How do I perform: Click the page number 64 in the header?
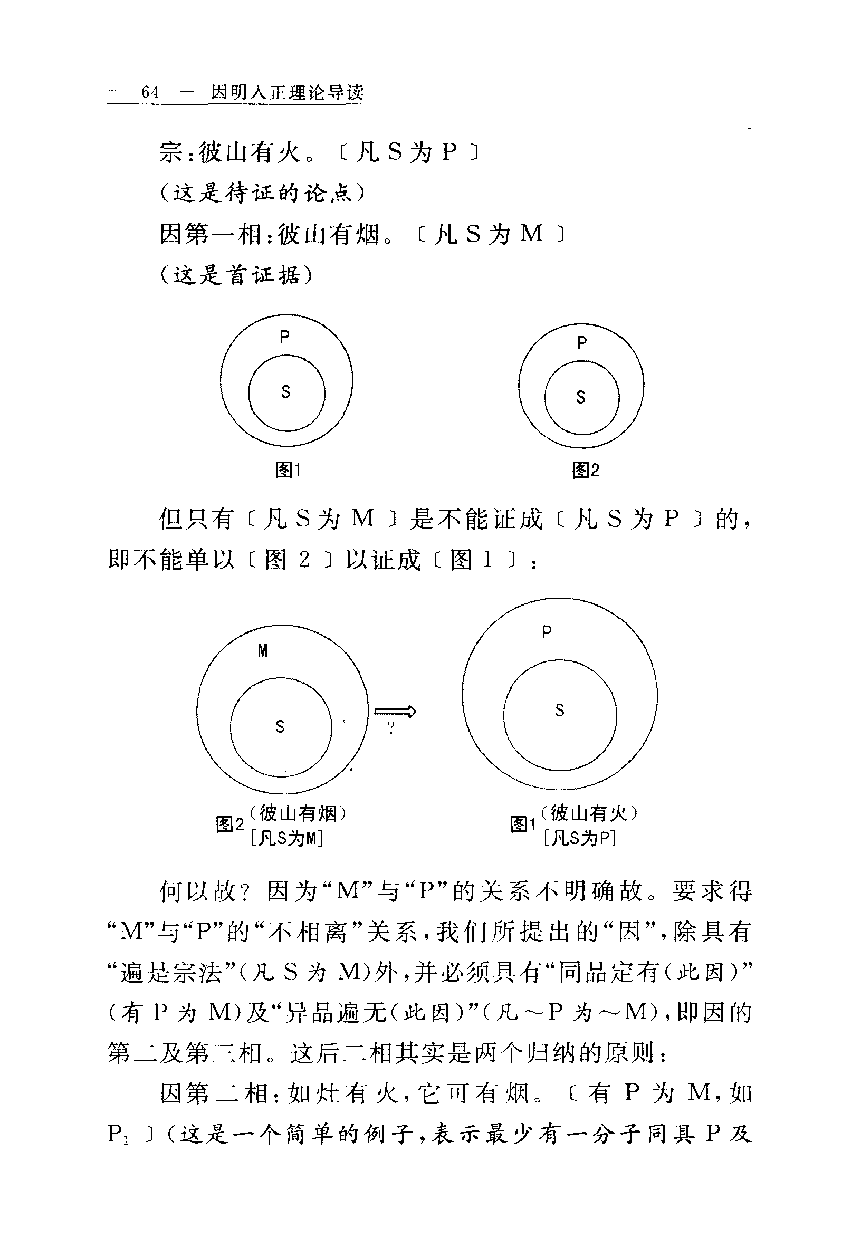(x=150, y=93)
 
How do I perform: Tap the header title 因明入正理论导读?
(x=287, y=93)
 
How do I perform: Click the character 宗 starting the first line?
(x=171, y=152)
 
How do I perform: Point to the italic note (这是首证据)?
(x=236, y=275)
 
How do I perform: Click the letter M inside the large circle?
(x=263, y=651)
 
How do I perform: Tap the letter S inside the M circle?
(x=280, y=727)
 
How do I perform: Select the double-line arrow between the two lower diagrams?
(x=395, y=712)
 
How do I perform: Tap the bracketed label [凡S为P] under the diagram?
(x=580, y=839)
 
